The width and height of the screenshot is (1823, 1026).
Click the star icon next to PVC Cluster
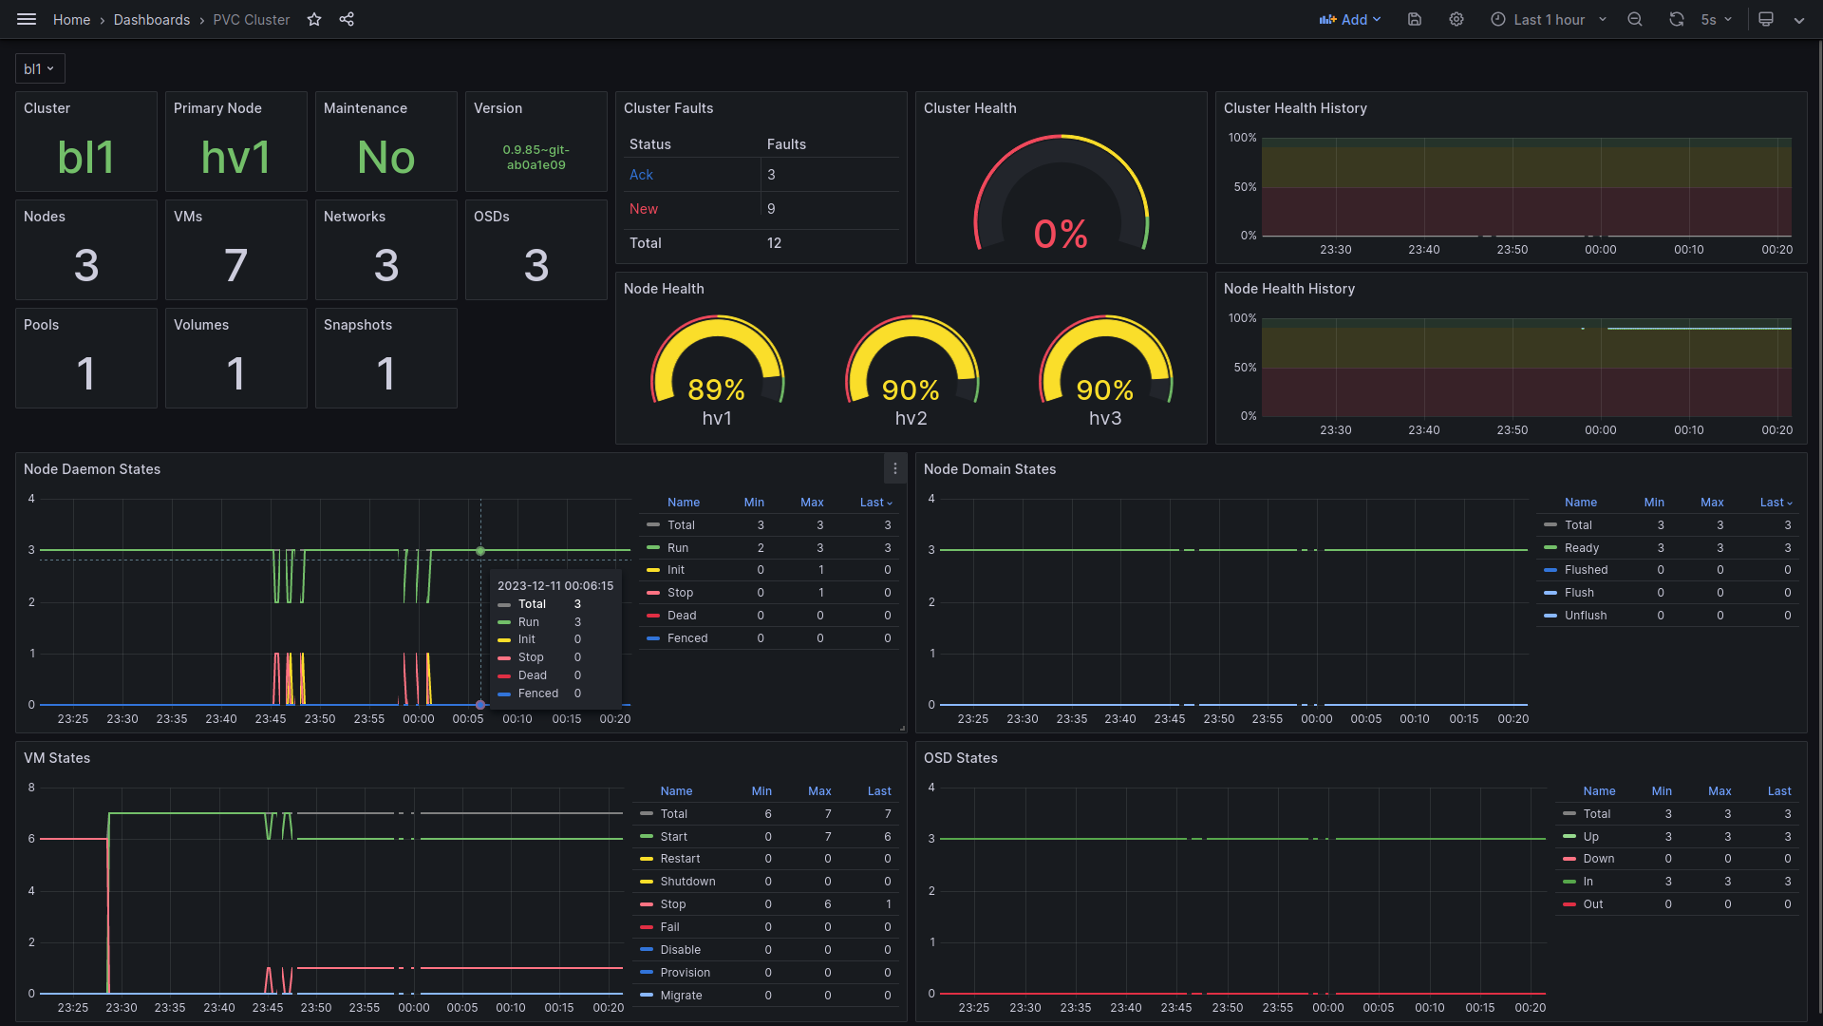click(314, 19)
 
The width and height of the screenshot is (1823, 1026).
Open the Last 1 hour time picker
click(1549, 19)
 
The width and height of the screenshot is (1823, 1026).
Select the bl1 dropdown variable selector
click(39, 68)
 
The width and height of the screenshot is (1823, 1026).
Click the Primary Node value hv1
click(235, 158)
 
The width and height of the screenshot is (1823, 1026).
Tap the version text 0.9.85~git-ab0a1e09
click(536, 158)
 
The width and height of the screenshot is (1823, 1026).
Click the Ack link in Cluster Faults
click(641, 175)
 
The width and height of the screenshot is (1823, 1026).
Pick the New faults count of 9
click(771, 209)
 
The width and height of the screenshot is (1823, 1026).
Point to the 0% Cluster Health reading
click(1061, 234)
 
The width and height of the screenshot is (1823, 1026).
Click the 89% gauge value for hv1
click(716, 389)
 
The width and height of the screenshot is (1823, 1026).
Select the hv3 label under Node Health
click(1105, 418)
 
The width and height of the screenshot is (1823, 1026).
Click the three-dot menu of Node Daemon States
click(894, 468)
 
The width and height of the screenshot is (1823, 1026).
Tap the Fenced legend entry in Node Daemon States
click(686, 638)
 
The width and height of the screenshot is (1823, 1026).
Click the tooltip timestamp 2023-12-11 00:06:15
click(555, 586)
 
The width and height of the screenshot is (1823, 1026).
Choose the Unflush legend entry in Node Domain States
click(1585, 616)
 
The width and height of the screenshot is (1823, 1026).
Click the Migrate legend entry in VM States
click(681, 996)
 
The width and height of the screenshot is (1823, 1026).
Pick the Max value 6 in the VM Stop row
click(828, 904)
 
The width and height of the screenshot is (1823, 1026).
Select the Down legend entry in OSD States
click(1598, 859)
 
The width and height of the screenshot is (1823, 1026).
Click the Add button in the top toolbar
click(1349, 19)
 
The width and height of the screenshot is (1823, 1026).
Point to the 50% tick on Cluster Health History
click(1245, 187)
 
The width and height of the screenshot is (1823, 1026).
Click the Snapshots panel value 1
click(385, 373)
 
